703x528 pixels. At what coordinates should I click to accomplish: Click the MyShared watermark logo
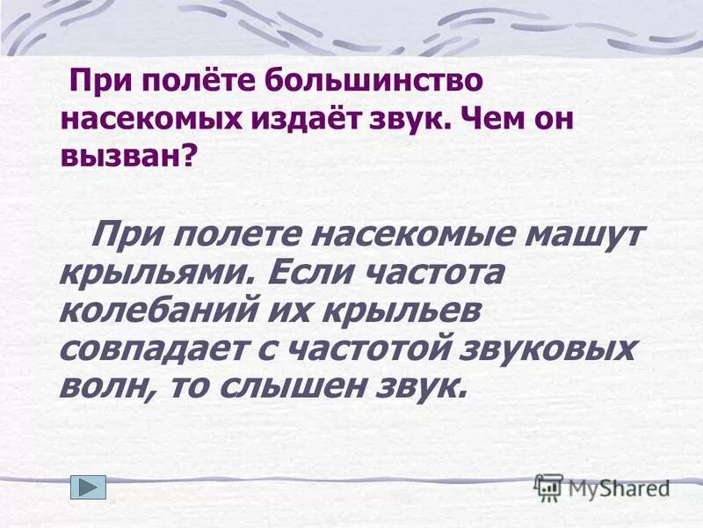pyautogui.click(x=601, y=487)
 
